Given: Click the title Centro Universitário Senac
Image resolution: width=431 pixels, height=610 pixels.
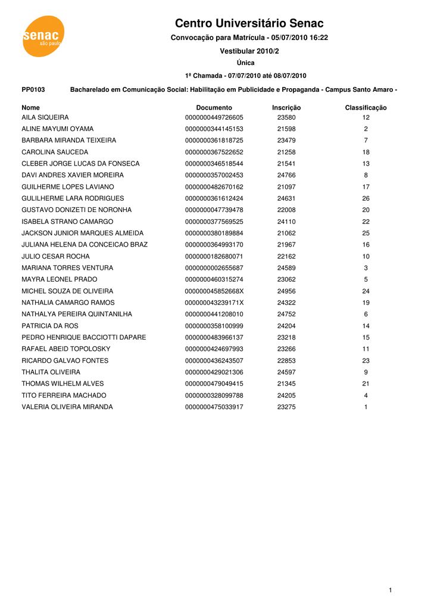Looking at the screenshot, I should pos(249,23).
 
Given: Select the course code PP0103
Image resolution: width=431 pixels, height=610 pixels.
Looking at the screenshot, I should pos(33,89).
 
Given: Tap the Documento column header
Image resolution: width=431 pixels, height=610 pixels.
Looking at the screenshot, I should pos(214,108).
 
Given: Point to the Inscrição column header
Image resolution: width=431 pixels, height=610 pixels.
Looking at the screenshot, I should pos(286,108).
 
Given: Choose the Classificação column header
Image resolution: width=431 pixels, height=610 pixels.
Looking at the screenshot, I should pos(366,108).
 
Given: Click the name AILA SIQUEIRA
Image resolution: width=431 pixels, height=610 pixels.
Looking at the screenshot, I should pos(45,117).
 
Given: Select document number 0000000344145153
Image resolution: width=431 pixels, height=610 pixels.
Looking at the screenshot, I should pos(214,129).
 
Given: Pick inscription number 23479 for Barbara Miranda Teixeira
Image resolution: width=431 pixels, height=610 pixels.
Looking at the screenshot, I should pos(286,141).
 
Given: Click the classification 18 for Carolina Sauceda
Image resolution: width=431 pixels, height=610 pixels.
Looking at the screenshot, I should pos(366,152).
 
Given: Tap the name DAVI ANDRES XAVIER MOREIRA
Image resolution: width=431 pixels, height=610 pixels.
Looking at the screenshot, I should pos(73,175).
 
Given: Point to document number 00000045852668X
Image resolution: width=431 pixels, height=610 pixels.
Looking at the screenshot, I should pos(214,291).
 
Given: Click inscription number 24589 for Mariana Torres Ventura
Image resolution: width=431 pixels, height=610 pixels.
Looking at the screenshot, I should pos(286,268).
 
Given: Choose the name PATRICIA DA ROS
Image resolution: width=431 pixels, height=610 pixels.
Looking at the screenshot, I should pos(50,326).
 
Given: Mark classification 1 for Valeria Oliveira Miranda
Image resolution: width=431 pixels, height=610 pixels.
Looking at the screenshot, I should pos(366,407).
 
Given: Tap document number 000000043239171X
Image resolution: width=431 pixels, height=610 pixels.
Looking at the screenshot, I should pos(214,303).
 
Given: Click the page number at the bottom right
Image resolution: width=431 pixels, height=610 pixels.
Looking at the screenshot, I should pos(390,590).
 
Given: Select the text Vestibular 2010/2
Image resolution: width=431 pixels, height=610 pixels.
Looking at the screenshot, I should pos(249,52).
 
